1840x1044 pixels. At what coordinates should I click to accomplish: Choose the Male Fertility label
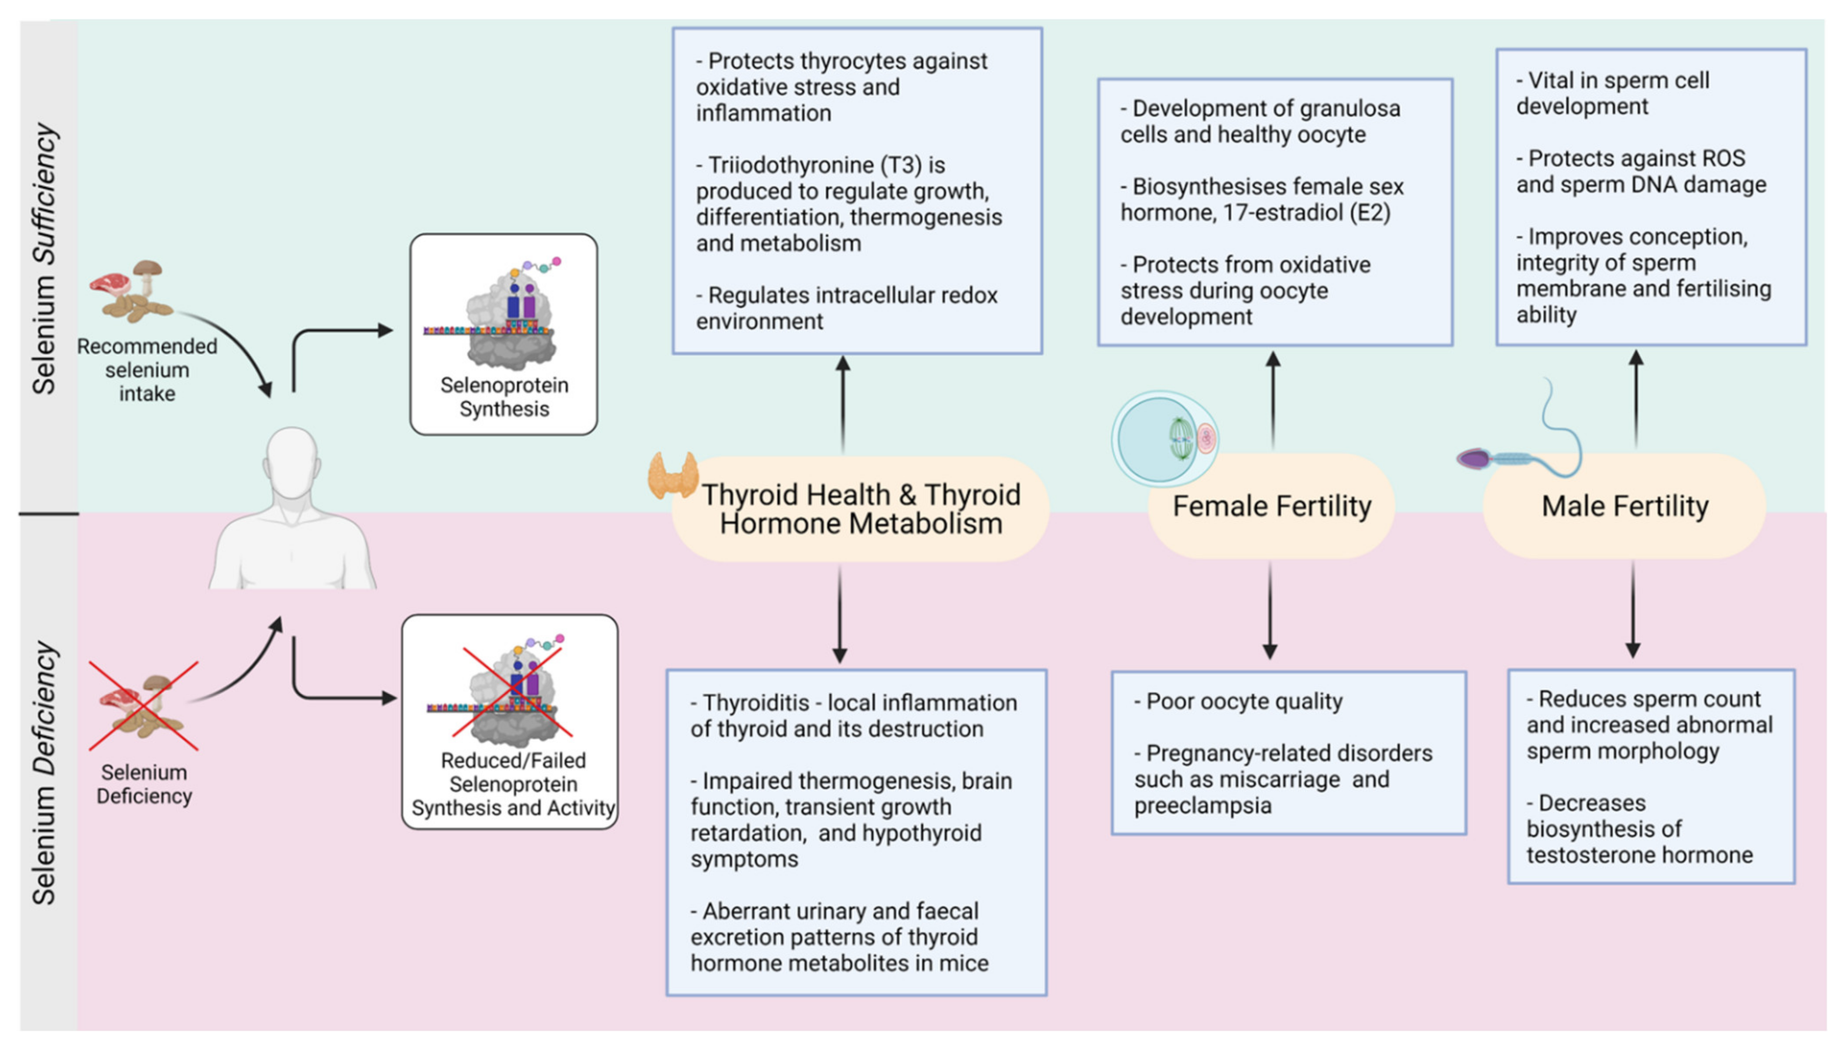coord(1624,506)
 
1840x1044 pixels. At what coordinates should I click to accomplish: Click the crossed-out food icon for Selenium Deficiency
coord(143,706)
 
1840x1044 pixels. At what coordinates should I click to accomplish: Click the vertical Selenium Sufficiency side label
coord(45,258)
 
